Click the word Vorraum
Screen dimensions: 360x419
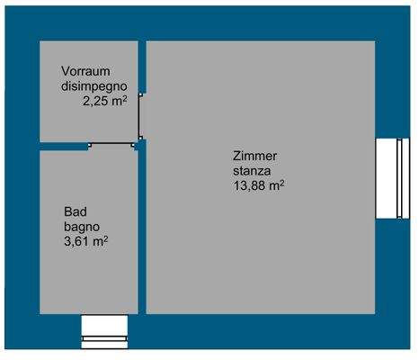(x=86, y=71)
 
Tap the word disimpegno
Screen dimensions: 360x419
(x=94, y=86)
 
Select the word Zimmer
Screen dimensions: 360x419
(x=254, y=156)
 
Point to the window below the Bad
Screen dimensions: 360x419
(x=105, y=330)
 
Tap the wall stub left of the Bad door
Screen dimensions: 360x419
(x=64, y=146)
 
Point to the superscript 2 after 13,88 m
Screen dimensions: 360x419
(x=282, y=182)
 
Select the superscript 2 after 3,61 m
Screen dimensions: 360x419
(x=107, y=238)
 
